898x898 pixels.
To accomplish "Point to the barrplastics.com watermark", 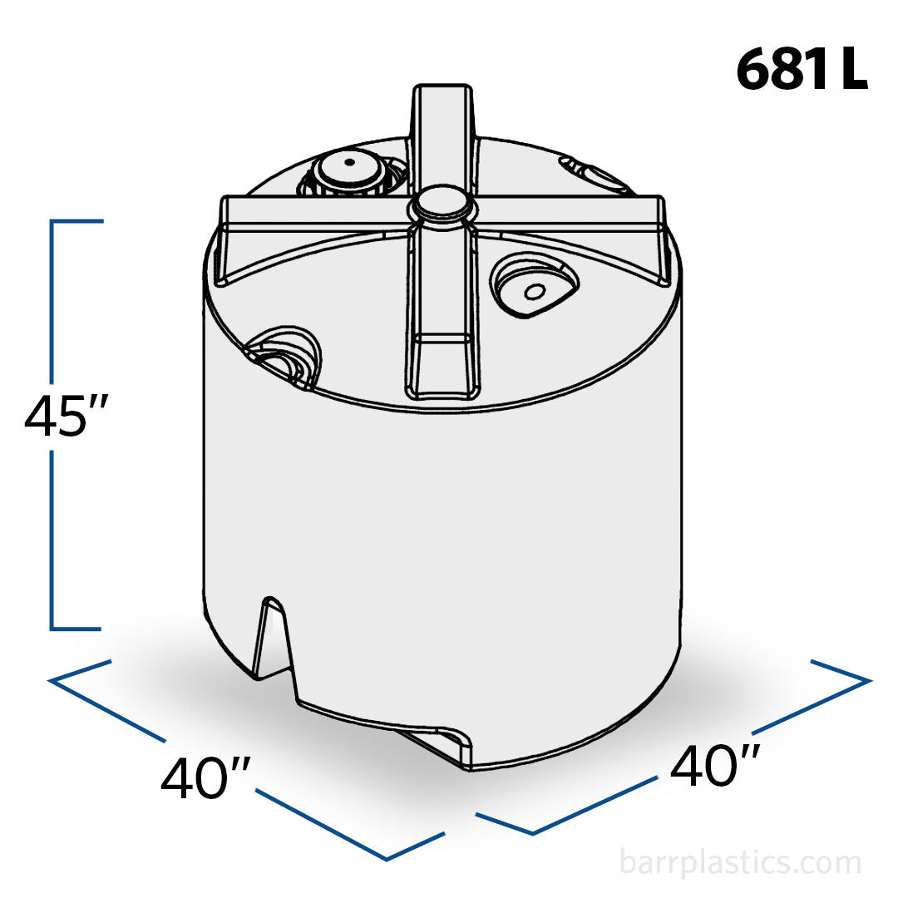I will [740, 862].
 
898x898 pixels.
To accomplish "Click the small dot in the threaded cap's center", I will [349, 161].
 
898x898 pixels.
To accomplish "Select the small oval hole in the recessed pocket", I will [535, 291].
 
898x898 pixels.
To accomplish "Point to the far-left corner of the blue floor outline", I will [52, 680].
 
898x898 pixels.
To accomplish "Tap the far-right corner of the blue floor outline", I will [868, 680].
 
